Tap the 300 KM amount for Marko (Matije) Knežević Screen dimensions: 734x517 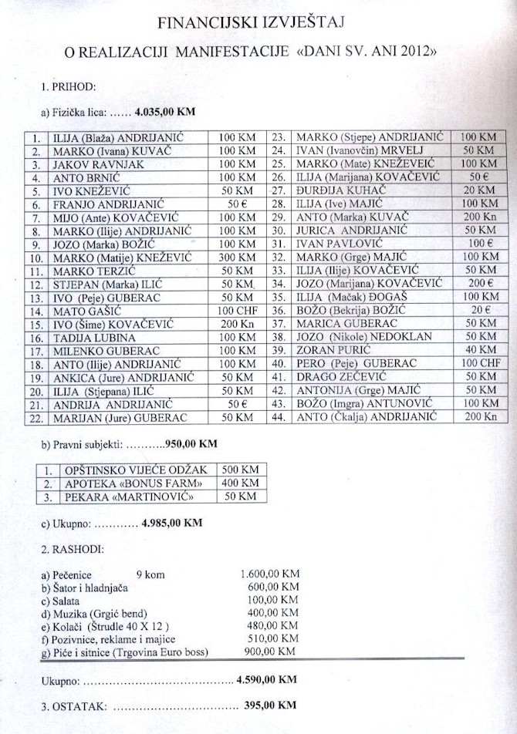click(236, 257)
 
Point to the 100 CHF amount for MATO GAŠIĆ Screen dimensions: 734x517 click(236, 311)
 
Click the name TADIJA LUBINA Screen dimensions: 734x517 click(83, 337)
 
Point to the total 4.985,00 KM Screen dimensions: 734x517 click(172, 523)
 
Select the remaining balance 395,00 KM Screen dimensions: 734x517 click(267, 705)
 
